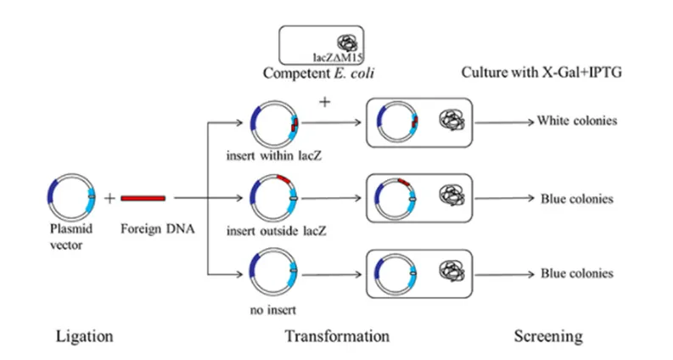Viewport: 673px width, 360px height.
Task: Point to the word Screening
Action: pos(548,336)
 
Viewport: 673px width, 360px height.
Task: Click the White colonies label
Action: pos(576,121)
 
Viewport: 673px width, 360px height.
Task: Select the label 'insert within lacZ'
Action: pos(272,156)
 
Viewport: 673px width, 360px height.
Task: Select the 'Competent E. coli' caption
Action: pos(319,74)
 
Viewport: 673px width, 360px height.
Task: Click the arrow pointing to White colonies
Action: pos(510,121)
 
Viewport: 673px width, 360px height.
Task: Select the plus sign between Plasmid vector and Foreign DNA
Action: pos(109,198)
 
